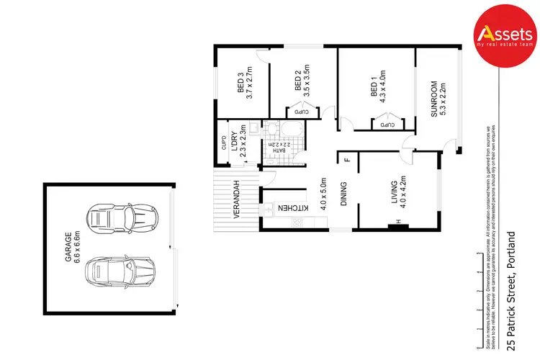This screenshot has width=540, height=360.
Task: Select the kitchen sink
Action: (x=269, y=209)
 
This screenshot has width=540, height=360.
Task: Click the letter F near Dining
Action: (x=346, y=160)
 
